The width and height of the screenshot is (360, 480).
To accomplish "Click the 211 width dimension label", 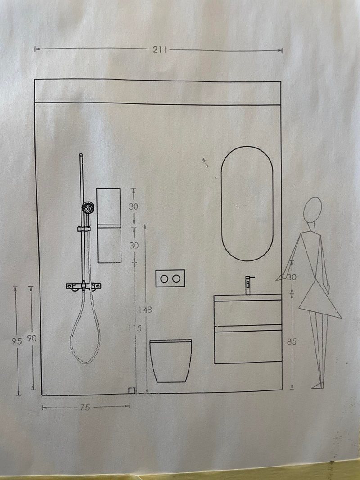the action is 160,49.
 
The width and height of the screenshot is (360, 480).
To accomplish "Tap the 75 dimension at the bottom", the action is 85,408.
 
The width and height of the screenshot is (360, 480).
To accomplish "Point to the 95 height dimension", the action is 17,341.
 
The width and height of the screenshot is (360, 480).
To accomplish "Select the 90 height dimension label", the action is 32,338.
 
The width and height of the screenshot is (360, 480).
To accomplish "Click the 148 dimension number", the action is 145,310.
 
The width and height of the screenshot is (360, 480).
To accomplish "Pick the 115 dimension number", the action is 135,328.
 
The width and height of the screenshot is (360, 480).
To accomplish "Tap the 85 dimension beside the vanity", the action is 292,341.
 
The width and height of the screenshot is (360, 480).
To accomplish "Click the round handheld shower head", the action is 88,208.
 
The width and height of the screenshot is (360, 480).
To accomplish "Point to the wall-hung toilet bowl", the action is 171,361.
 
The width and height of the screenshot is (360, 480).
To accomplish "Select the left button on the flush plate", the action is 164,278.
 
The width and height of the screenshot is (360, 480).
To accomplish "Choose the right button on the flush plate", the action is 176,278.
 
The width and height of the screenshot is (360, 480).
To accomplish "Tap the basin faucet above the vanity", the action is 248,285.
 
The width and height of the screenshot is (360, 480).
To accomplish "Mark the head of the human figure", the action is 313,210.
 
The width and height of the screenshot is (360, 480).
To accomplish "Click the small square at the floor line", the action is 131,390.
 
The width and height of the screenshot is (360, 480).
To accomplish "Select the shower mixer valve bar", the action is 84,286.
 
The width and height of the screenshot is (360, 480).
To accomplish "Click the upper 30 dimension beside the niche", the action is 133,206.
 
